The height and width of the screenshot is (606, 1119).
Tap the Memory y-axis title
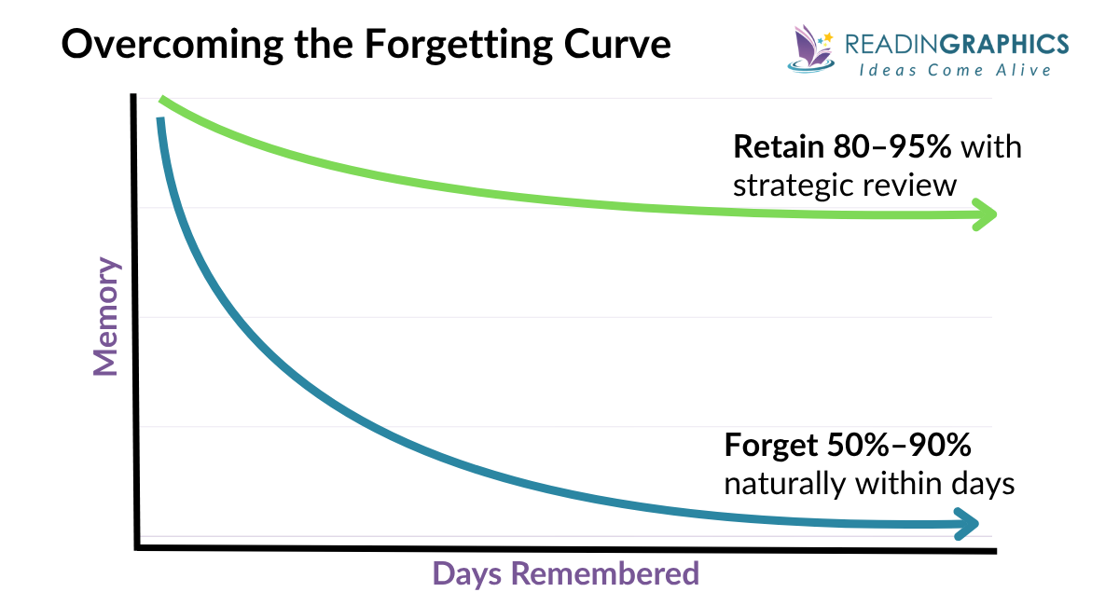click(x=107, y=317)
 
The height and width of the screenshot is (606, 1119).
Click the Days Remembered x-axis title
click(x=565, y=573)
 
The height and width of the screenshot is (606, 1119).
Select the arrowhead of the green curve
click(x=986, y=214)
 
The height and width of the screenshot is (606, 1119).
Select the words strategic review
click(x=845, y=185)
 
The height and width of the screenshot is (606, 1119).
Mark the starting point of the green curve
click(x=162, y=100)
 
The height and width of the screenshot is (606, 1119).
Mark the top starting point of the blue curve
click(x=160, y=120)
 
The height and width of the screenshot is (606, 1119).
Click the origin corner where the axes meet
click(x=138, y=545)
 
